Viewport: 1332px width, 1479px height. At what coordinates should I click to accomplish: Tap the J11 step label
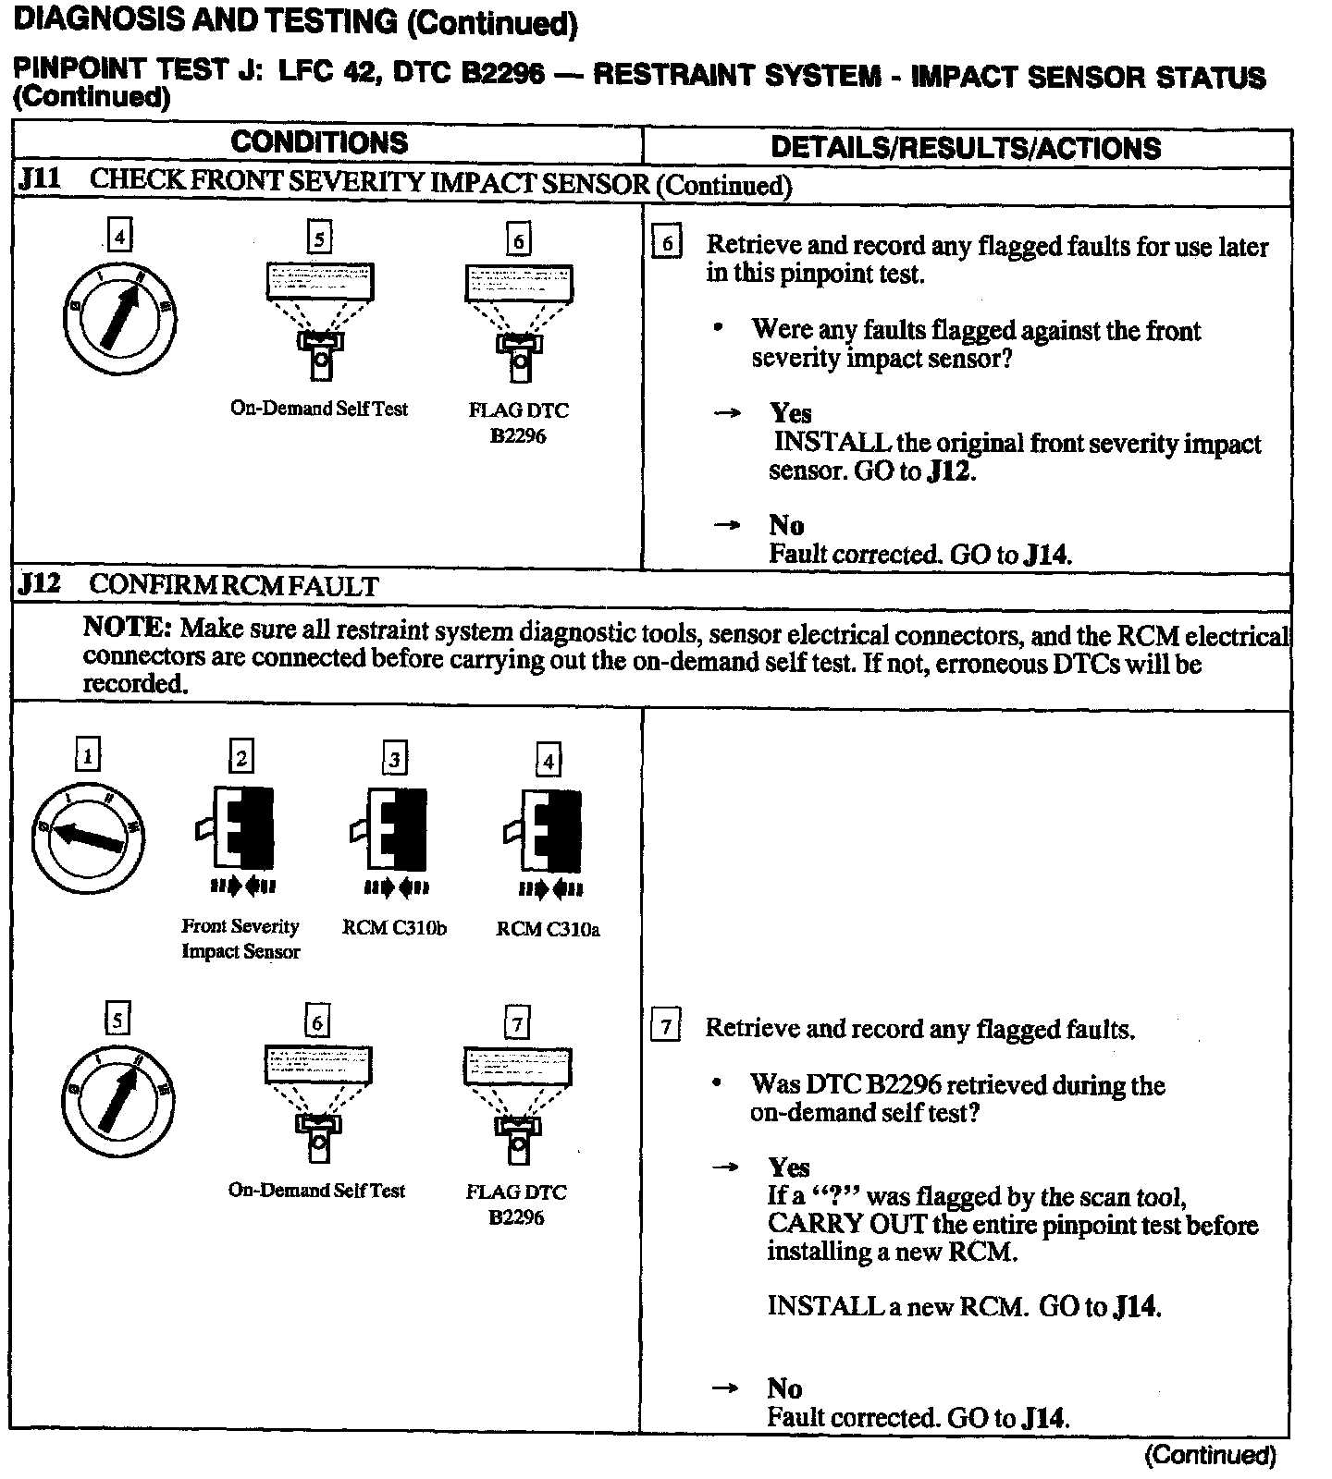39,178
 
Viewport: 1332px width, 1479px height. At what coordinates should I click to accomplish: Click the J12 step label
39,584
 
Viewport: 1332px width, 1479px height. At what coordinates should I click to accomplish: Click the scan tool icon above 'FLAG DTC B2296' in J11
518,320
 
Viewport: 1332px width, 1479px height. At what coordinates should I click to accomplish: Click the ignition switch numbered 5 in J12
118,1100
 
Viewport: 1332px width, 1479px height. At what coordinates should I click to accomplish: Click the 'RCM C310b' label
393,927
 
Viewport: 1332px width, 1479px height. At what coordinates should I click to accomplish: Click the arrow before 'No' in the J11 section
727,525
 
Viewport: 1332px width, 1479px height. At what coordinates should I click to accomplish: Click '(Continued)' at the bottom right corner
1210,1454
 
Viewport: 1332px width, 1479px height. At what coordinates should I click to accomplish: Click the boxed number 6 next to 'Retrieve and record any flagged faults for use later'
666,244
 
